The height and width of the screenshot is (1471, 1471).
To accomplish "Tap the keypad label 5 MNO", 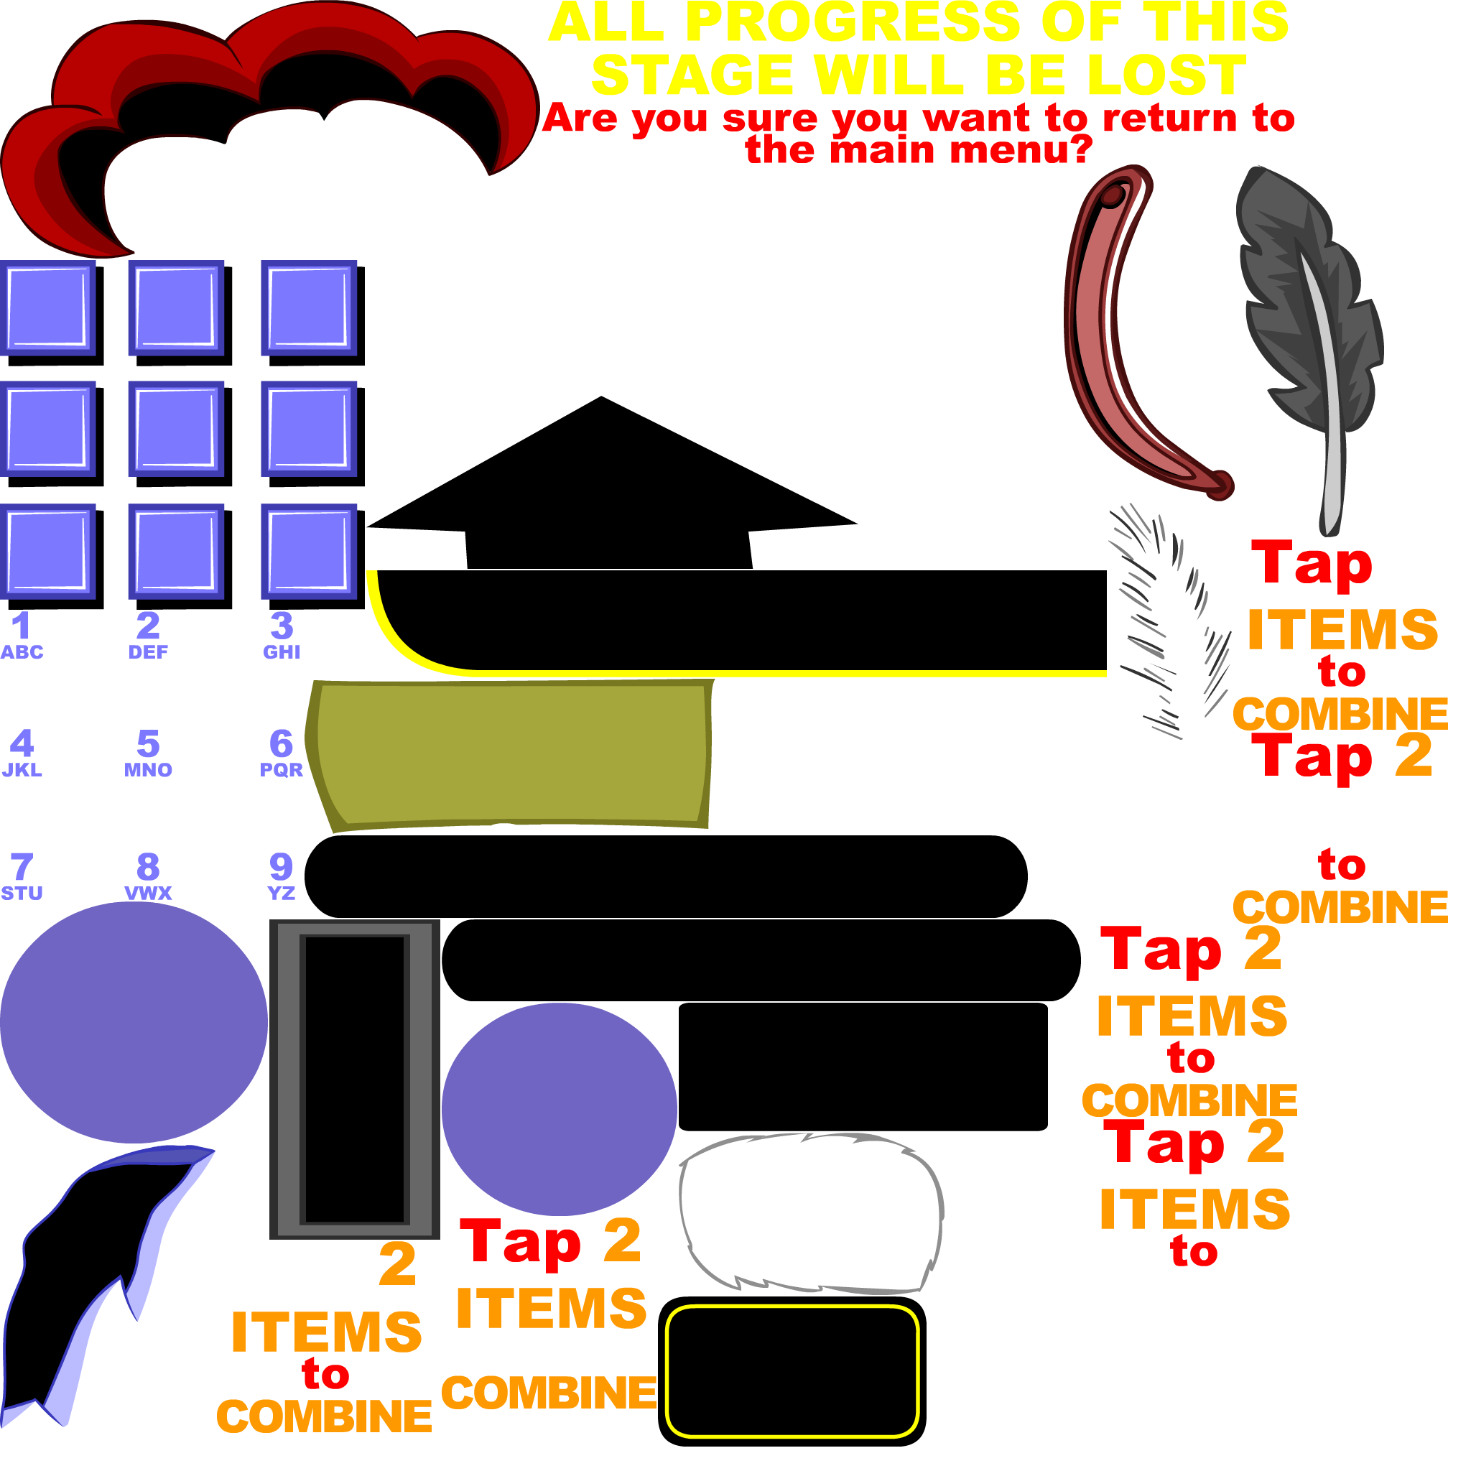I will pos(149,752).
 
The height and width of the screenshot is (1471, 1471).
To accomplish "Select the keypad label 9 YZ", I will pos(281,875).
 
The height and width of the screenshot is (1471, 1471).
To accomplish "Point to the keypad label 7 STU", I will pos(22,876).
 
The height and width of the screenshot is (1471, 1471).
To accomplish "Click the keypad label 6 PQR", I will pos(281,752).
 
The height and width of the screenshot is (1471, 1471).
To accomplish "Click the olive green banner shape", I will pos(510,753).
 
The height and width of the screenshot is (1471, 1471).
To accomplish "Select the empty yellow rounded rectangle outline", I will pos(792,1370).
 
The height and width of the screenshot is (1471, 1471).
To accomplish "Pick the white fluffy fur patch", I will pos(811,1210).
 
